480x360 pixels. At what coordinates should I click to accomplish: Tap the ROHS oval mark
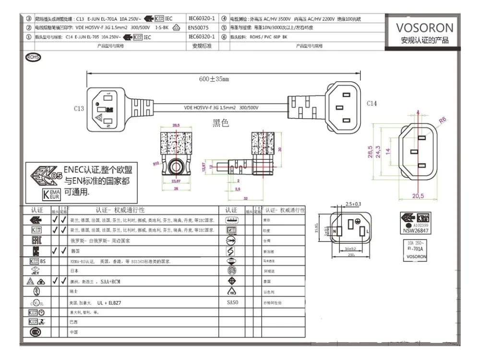click(x=33, y=57)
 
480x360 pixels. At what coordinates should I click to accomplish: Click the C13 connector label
click(x=79, y=108)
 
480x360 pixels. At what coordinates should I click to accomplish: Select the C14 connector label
click(x=372, y=104)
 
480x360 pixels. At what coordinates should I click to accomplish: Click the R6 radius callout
click(x=443, y=120)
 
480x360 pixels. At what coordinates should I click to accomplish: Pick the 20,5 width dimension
click(x=418, y=196)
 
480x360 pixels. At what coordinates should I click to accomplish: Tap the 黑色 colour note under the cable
click(x=221, y=123)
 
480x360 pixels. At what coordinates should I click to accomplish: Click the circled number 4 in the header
click(x=224, y=19)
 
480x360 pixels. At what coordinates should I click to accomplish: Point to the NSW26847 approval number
click(x=415, y=230)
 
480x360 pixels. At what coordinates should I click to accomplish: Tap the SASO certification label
click(x=232, y=303)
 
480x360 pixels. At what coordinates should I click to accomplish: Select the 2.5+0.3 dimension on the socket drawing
click(x=353, y=204)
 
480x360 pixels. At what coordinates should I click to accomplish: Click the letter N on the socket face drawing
click(x=333, y=232)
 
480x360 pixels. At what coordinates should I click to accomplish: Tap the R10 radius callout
click(x=156, y=163)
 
